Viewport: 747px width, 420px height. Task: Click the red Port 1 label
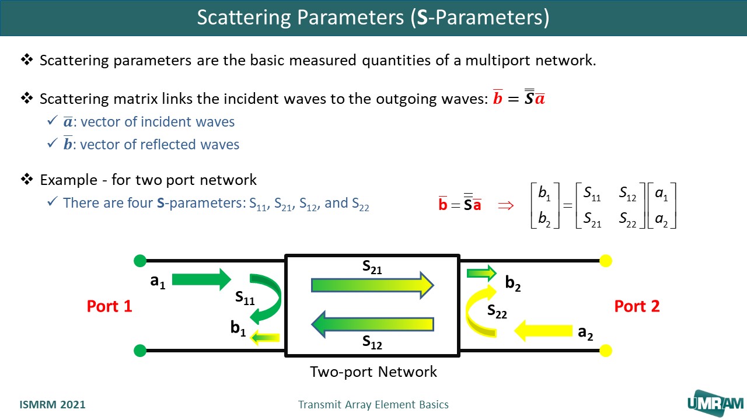[110, 306]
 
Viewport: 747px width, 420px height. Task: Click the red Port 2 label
[637, 306]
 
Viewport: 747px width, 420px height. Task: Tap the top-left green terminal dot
[140, 260]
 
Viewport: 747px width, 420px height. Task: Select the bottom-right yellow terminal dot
[606, 351]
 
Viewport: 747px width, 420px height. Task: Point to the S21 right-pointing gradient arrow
[372, 285]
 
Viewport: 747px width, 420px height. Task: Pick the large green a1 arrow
[202, 279]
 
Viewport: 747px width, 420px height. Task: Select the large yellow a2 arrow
[542, 331]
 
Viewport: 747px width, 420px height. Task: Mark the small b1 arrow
[265, 337]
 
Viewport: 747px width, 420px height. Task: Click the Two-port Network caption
[373, 372]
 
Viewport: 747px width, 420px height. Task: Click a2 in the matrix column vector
[662, 220]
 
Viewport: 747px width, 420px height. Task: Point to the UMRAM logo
[715, 402]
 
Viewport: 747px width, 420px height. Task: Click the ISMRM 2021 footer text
[53, 405]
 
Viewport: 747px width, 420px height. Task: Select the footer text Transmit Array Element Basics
[373, 405]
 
